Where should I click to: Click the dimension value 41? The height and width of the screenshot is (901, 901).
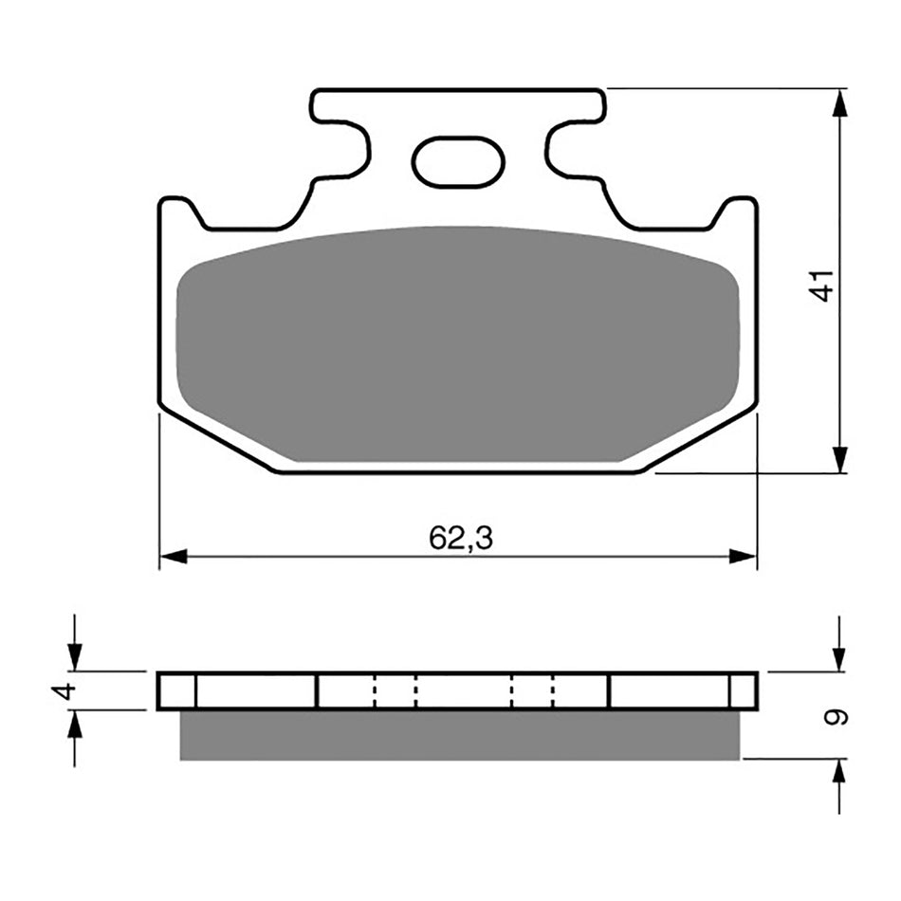pos(824,285)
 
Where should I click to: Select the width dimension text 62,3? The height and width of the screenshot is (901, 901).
pos(461,539)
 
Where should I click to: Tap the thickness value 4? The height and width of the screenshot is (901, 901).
pos(64,690)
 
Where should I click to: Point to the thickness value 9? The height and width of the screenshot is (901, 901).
pos(836,717)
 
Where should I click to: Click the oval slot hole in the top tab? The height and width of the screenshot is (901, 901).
pos(457,161)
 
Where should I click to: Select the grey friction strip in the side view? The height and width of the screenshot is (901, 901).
pos(458,735)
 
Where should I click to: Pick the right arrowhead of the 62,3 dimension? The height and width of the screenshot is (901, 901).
pos(744,557)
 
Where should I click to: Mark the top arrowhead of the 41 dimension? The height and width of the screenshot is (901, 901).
pos(839,103)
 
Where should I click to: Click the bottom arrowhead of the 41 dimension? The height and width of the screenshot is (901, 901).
pos(839,459)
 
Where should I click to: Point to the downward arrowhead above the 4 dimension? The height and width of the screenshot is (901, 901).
pos(75,656)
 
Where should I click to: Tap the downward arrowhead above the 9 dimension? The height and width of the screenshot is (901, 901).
pos(839,657)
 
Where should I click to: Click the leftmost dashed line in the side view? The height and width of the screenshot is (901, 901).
pos(376,690)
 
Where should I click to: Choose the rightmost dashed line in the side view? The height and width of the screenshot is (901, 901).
pos(553,690)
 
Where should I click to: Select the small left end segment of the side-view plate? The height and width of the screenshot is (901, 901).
pos(176,690)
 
